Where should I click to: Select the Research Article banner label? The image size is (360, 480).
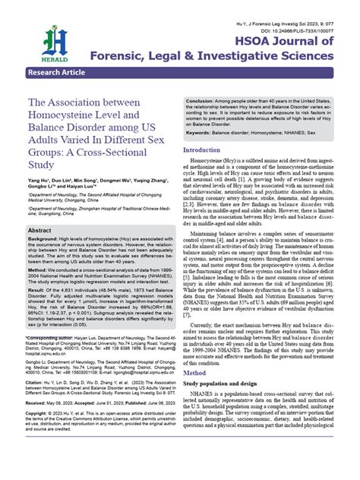point(55,72)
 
